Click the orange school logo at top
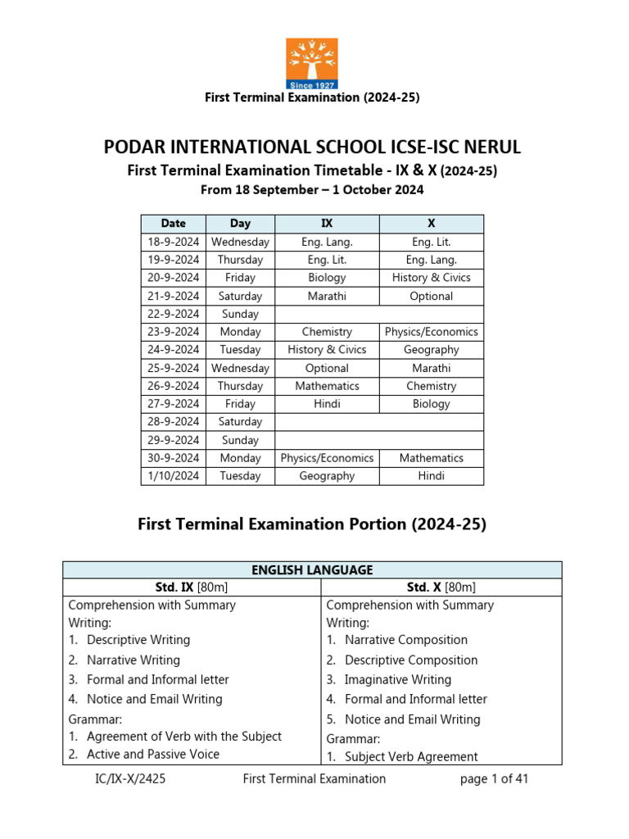click(311, 63)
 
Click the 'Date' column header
click(173, 224)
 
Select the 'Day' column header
click(240, 224)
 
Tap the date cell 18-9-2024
click(173, 242)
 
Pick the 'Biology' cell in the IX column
click(327, 278)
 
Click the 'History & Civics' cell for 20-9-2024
click(431, 278)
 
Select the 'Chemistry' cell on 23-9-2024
click(327, 332)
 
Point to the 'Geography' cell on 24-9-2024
click(431, 350)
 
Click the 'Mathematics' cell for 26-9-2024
click(327, 386)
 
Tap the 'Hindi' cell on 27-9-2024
click(327, 404)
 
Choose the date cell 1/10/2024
click(173, 476)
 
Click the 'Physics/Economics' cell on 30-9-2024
click(327, 458)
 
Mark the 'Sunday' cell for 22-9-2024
click(240, 314)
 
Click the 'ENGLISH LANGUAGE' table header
click(312, 570)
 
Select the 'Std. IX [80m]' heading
click(191, 587)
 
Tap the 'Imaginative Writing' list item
click(397, 680)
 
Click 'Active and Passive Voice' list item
click(152, 755)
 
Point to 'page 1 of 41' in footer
click(494, 779)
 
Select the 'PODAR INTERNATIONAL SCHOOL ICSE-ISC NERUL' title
click(312, 147)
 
